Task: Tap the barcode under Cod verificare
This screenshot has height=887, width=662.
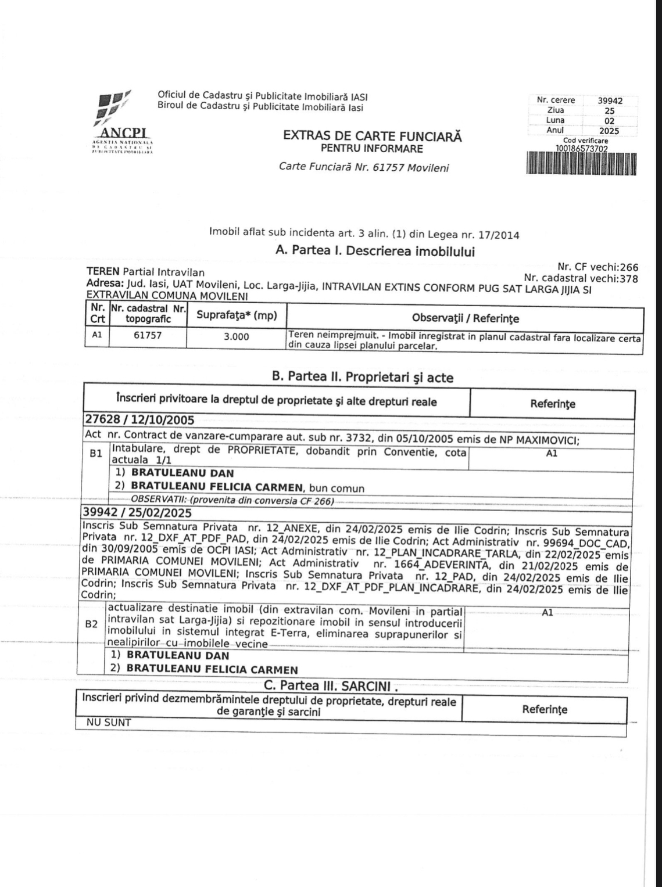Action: [x=582, y=164]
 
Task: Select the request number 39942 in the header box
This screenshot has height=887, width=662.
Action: [x=610, y=100]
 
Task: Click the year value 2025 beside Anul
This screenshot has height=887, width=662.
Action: [x=609, y=131]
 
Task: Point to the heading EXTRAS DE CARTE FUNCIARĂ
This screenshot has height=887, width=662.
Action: [x=372, y=137]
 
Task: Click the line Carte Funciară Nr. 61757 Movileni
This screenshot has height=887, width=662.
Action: [x=363, y=167]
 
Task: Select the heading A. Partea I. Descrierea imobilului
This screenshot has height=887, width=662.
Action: [x=375, y=252]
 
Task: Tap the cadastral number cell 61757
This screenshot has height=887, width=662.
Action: [x=148, y=336]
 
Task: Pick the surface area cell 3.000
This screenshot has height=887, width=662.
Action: [x=236, y=336]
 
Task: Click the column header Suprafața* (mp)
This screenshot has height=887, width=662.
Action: [x=236, y=315]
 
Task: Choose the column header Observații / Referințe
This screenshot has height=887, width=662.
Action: [x=465, y=318]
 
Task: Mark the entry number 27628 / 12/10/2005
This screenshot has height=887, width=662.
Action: [x=139, y=420]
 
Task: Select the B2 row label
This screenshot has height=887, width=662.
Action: [x=91, y=624]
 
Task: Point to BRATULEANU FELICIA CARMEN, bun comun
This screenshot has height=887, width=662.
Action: [x=239, y=487]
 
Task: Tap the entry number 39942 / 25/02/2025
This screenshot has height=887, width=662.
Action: [x=137, y=513]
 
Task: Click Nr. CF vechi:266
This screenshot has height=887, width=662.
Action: [x=597, y=268]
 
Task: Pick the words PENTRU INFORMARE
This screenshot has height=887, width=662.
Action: [x=372, y=149]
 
